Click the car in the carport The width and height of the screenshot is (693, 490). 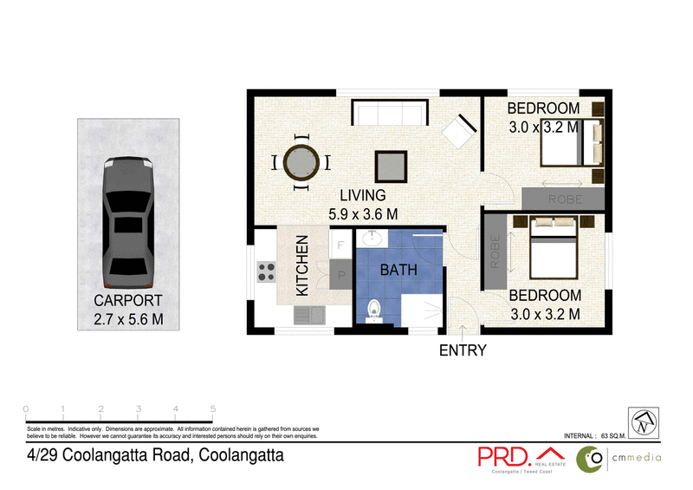coord(126,223)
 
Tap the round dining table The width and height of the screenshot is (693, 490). coord(301,161)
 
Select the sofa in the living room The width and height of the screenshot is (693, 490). coord(390,114)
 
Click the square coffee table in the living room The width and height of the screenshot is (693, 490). coord(390,165)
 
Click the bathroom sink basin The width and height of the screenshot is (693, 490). coord(375,238)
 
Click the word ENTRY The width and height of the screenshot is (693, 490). coord(463,351)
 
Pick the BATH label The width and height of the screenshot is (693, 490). coord(399,271)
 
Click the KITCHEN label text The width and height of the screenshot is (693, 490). coord(302,265)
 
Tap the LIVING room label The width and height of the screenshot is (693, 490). coord(362,196)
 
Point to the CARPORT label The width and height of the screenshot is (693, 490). coord(128,301)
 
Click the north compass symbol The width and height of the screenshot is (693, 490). coord(643,421)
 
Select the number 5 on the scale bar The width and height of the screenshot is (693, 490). coord(213,408)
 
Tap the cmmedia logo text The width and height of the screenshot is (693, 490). coord(638,458)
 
